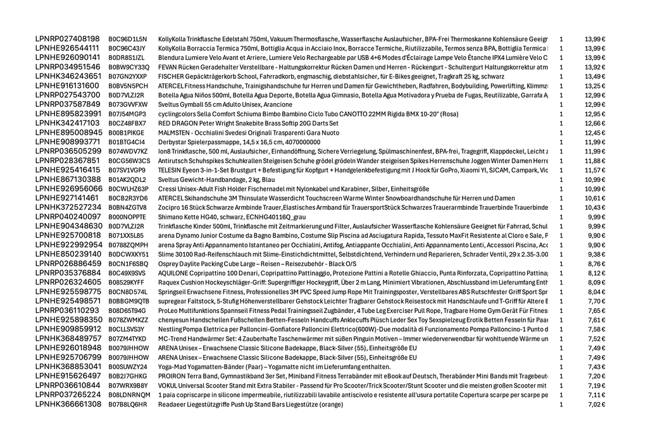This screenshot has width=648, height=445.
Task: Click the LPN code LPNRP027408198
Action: [68, 39]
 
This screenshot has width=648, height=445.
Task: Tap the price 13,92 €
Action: [595, 67]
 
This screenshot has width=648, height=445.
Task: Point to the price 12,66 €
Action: [595, 123]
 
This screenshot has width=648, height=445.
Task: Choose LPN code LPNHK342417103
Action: [68, 123]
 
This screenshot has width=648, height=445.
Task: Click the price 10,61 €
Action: [595, 198]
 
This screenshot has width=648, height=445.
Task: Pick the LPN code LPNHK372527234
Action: [68, 207]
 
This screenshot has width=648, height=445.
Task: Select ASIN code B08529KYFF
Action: [126, 283]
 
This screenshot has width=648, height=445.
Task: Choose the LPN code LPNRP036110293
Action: [67, 310]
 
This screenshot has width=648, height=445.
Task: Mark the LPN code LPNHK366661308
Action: [68, 404]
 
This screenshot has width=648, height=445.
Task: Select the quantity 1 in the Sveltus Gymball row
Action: [561, 104]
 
